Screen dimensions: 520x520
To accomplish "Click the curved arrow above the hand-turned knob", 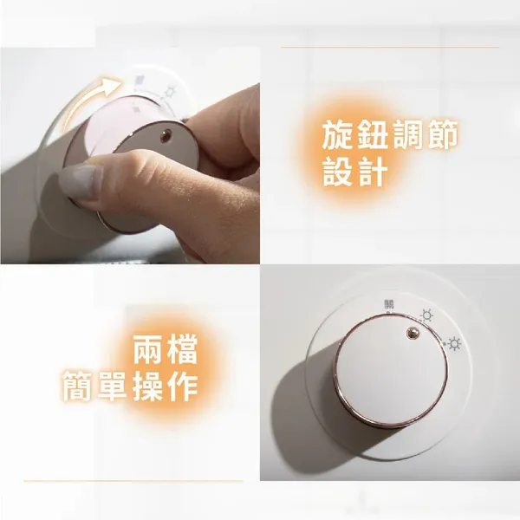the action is click(x=85, y=98).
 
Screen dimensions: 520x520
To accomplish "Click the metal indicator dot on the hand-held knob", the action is click(x=166, y=135).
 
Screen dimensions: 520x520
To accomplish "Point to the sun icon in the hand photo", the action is click(x=171, y=90).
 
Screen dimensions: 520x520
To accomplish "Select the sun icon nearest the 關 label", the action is click(x=426, y=315).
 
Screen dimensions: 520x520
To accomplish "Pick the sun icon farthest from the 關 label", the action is click(x=454, y=343).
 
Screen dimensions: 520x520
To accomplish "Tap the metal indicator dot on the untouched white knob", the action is click(x=412, y=333).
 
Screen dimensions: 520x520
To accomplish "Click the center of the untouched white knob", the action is click(x=390, y=371).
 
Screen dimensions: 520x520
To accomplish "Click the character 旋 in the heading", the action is click(x=338, y=135).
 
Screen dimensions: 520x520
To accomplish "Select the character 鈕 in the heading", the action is click(x=372, y=135).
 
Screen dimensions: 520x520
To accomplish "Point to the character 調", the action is click(x=407, y=135).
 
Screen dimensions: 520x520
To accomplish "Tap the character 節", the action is click(x=442, y=135).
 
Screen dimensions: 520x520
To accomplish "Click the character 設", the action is click(x=338, y=172).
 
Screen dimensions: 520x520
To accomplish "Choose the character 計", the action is click(x=372, y=172).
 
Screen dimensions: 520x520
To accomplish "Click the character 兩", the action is click(x=148, y=349).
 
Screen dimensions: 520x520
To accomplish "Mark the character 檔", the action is click(x=182, y=349).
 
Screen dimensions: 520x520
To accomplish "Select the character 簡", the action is click(x=78, y=386).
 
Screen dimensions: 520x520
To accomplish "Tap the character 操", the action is click(x=147, y=386).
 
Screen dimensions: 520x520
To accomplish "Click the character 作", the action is click(x=182, y=386).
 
